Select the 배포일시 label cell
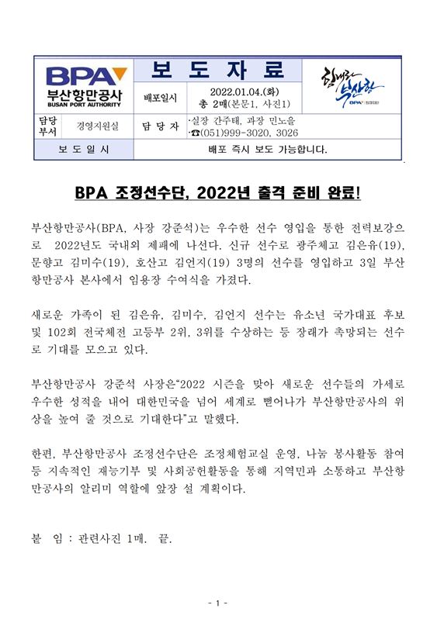(161, 99)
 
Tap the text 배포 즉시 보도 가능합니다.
(269, 149)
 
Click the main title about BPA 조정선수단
(222, 192)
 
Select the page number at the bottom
(220, 603)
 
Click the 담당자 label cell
(160, 126)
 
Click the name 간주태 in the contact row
(230, 120)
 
